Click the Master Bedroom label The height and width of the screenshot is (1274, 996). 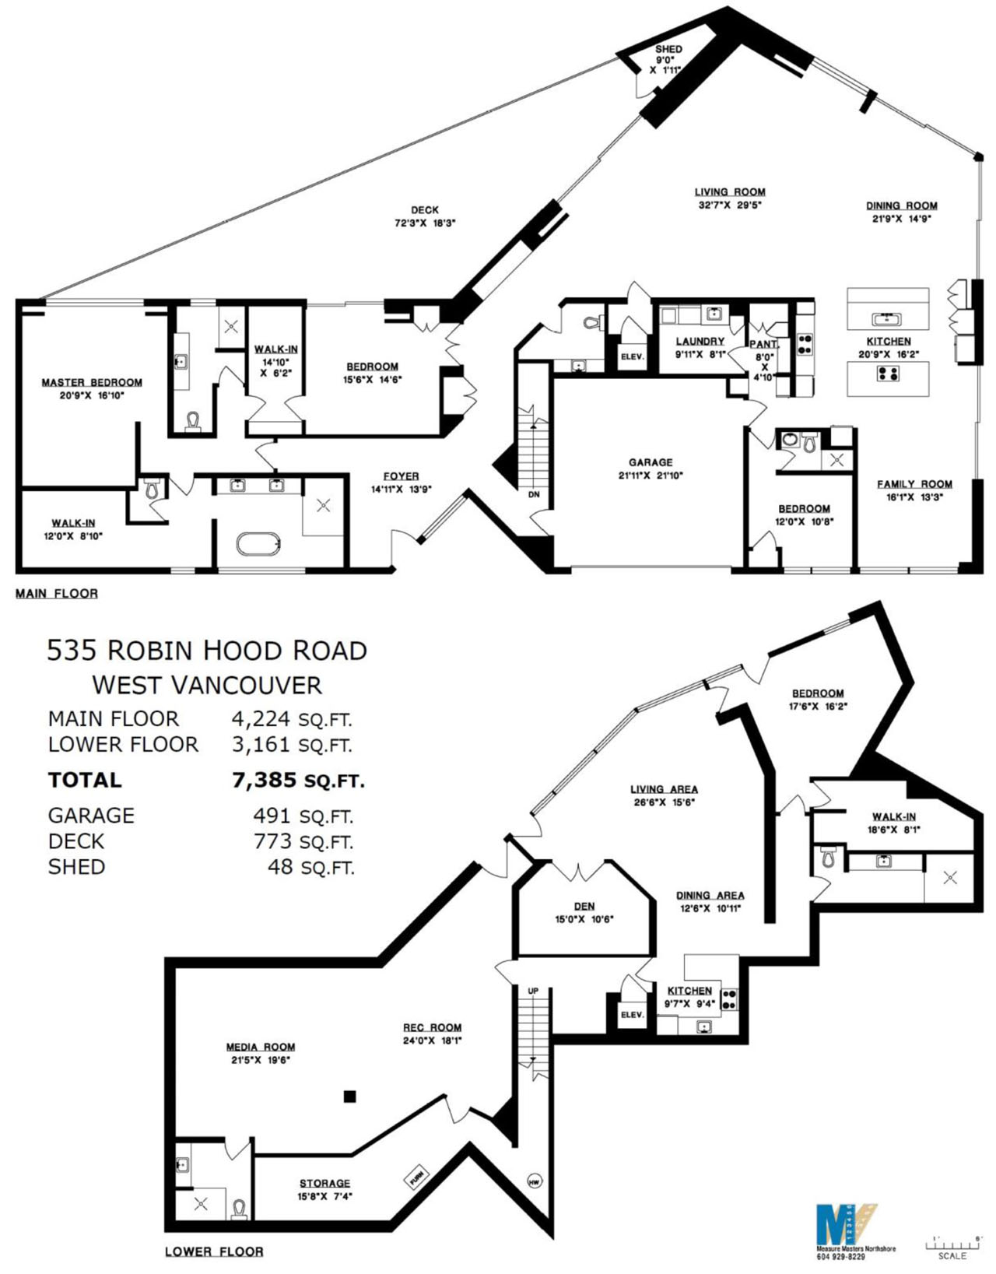pyautogui.click(x=92, y=382)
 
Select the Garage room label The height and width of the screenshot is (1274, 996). pyautogui.click(x=651, y=462)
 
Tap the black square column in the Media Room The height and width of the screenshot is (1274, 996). pyautogui.click(x=350, y=1097)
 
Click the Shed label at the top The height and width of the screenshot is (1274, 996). pyautogui.click(x=668, y=50)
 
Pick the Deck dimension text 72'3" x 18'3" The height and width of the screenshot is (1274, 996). pyautogui.click(x=424, y=223)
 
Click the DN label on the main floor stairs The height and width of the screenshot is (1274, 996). pyautogui.click(x=534, y=494)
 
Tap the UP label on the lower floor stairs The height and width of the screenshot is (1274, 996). pyautogui.click(x=533, y=991)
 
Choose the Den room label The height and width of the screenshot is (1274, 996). pyautogui.click(x=584, y=906)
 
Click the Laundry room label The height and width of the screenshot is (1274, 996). pyautogui.click(x=700, y=341)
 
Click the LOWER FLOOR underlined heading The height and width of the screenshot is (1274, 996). pyautogui.click(x=214, y=1251)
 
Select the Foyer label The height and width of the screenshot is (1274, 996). pyautogui.click(x=401, y=476)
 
